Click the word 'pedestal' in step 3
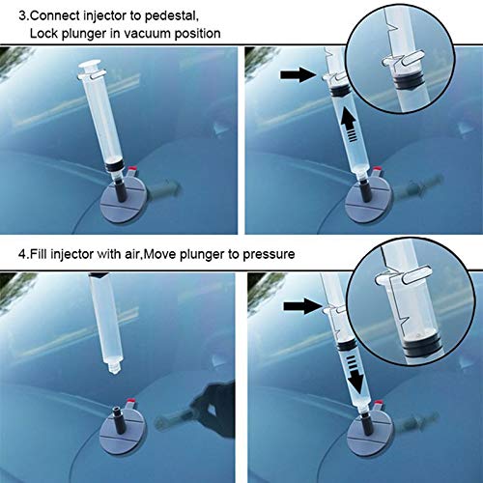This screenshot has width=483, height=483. (171, 16)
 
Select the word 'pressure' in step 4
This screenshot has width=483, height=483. (269, 254)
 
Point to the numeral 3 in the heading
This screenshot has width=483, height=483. (22, 15)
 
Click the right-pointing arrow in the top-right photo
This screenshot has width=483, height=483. (298, 74)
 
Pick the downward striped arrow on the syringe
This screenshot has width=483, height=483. (355, 374)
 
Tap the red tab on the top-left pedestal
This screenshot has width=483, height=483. (131, 169)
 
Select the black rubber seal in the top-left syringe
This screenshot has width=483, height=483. (114, 166)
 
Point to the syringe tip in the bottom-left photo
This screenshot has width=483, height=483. (114, 367)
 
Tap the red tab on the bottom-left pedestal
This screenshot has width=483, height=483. (130, 402)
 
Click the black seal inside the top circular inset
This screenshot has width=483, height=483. (407, 84)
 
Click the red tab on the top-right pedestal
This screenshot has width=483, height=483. (378, 169)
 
